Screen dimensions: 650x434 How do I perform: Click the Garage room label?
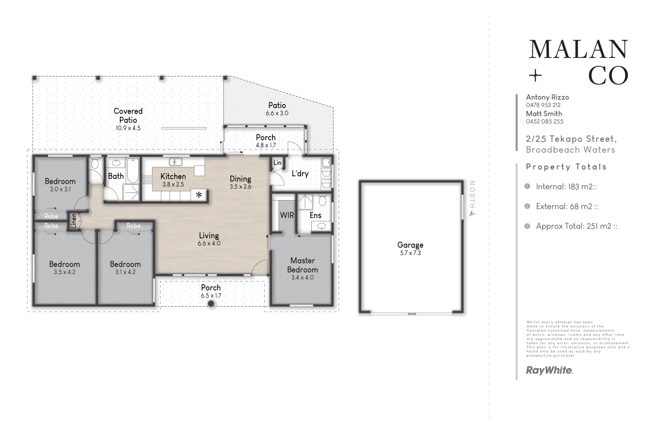click(x=410, y=245)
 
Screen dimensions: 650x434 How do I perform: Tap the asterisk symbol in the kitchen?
click(x=199, y=195)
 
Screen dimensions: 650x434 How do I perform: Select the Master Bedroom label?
click(x=303, y=265)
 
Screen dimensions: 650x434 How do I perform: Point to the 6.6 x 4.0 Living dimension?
click(x=209, y=243)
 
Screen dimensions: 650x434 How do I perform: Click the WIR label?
click(x=287, y=215)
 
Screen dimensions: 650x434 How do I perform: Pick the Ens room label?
click(x=315, y=215)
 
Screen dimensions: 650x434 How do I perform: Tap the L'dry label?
click(x=300, y=174)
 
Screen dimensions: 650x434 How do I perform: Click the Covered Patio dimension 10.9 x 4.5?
click(x=128, y=128)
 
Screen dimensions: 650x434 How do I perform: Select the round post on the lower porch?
click(x=211, y=303)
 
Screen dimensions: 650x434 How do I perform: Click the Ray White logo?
click(x=549, y=371)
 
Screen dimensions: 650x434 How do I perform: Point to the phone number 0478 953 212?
click(x=543, y=105)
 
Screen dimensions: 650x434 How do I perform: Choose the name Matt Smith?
click(x=544, y=113)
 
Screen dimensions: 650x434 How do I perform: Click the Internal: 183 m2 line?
click(x=566, y=186)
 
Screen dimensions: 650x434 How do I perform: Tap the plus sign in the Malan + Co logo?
click(x=535, y=76)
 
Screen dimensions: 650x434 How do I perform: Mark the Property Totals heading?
click(x=567, y=166)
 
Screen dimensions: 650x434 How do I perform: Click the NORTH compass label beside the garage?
click(x=472, y=194)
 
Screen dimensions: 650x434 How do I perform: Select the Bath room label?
click(x=116, y=176)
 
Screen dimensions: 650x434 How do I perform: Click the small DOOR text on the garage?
click(x=412, y=314)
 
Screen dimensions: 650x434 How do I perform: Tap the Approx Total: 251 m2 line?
click(x=577, y=226)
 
